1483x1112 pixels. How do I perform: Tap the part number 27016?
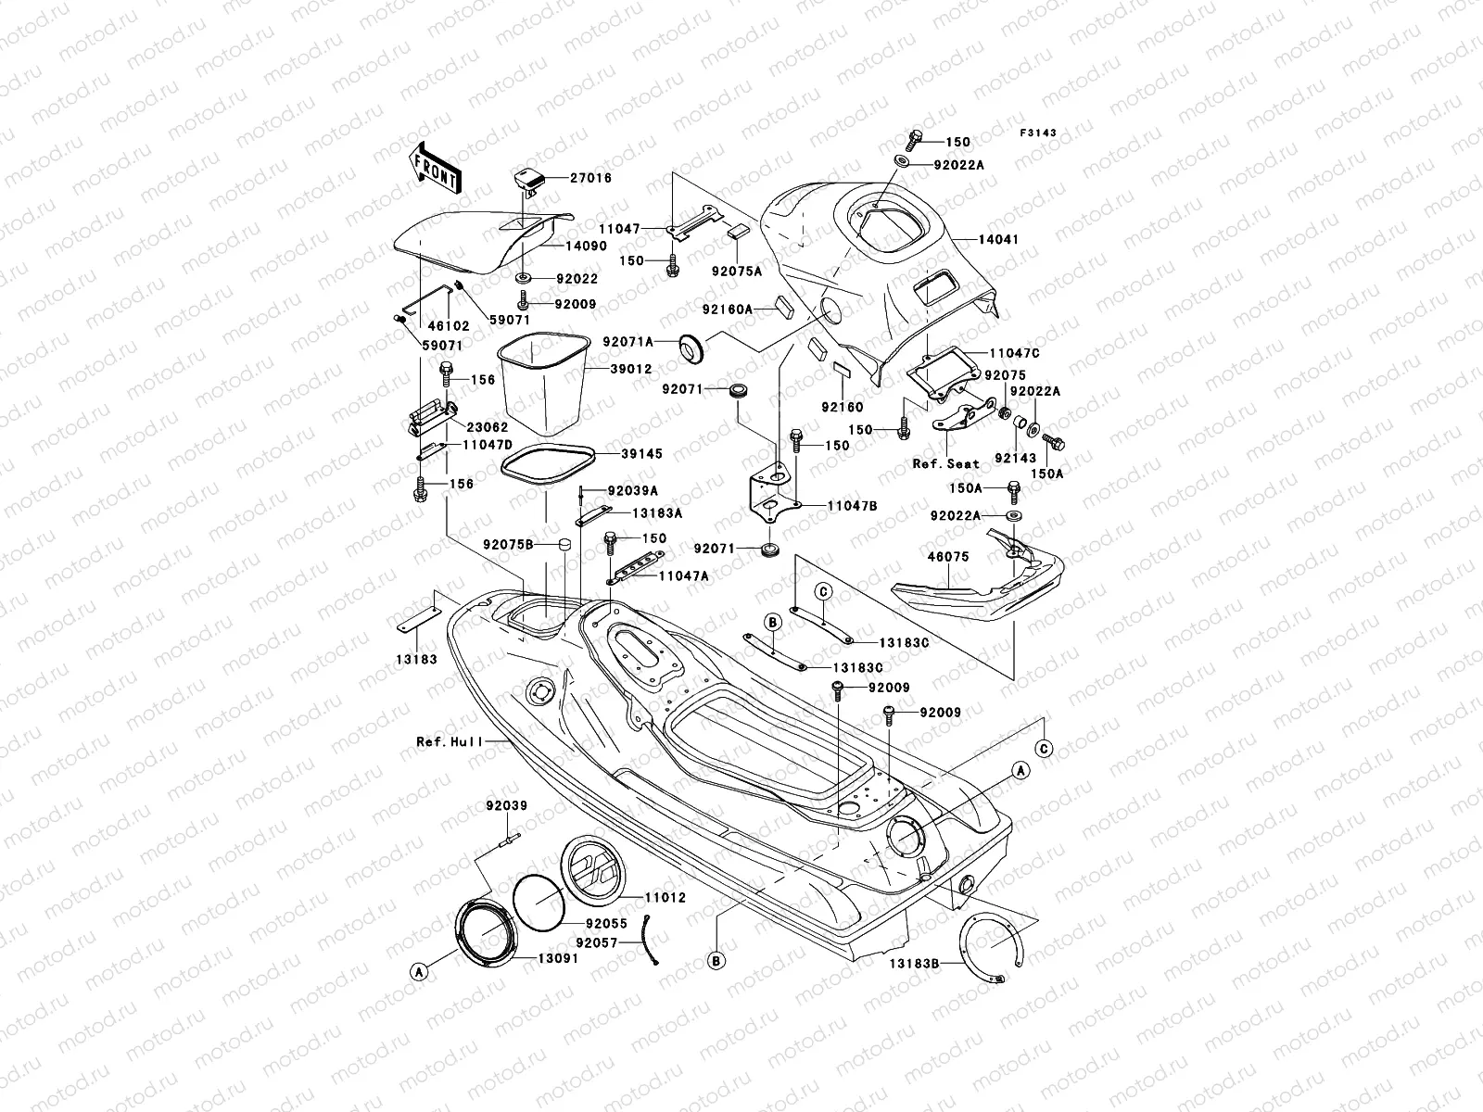(590, 178)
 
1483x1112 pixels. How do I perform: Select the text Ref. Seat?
(946, 463)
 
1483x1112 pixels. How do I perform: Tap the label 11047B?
(852, 506)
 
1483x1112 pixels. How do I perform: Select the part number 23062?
(487, 428)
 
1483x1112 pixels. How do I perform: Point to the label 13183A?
(657, 512)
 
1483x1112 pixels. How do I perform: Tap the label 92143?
(1016, 458)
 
